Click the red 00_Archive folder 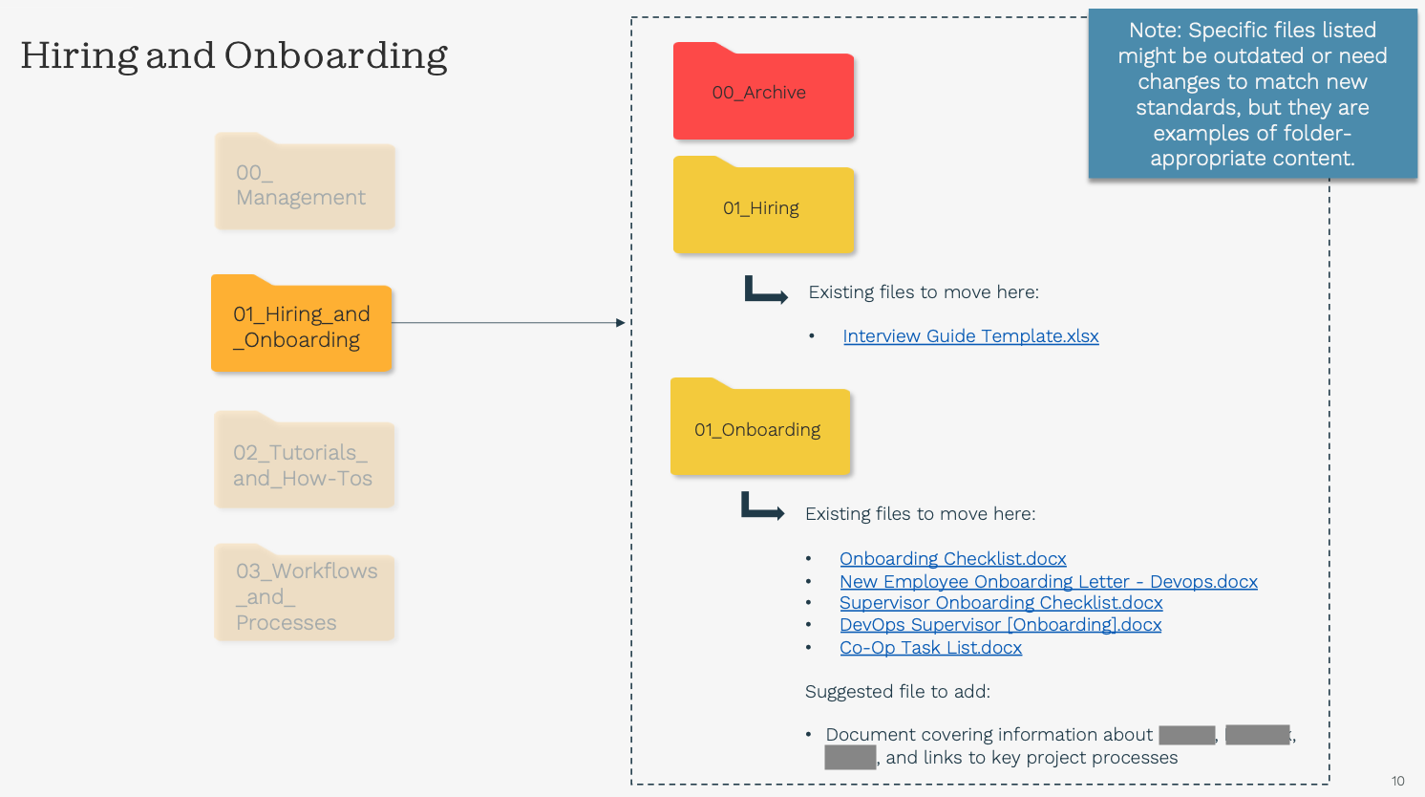(762, 94)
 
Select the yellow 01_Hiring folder (762, 208)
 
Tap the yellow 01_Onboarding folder (759, 430)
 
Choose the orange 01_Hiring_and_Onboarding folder (301, 327)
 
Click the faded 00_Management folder (304, 185)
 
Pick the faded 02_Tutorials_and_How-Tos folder (304, 464)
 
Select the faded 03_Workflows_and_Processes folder (304, 596)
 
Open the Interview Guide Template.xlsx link (970, 336)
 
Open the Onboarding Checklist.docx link (952, 559)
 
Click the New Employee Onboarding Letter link (1048, 582)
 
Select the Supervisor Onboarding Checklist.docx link (1001, 603)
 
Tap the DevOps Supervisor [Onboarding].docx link (1000, 625)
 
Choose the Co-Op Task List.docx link (930, 648)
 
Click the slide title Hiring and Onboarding (234, 55)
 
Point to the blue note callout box (1252, 94)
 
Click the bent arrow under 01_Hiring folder (765, 291)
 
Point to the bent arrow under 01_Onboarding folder (762, 506)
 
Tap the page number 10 (1397, 781)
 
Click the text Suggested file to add (897, 692)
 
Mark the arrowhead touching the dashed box (621, 323)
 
